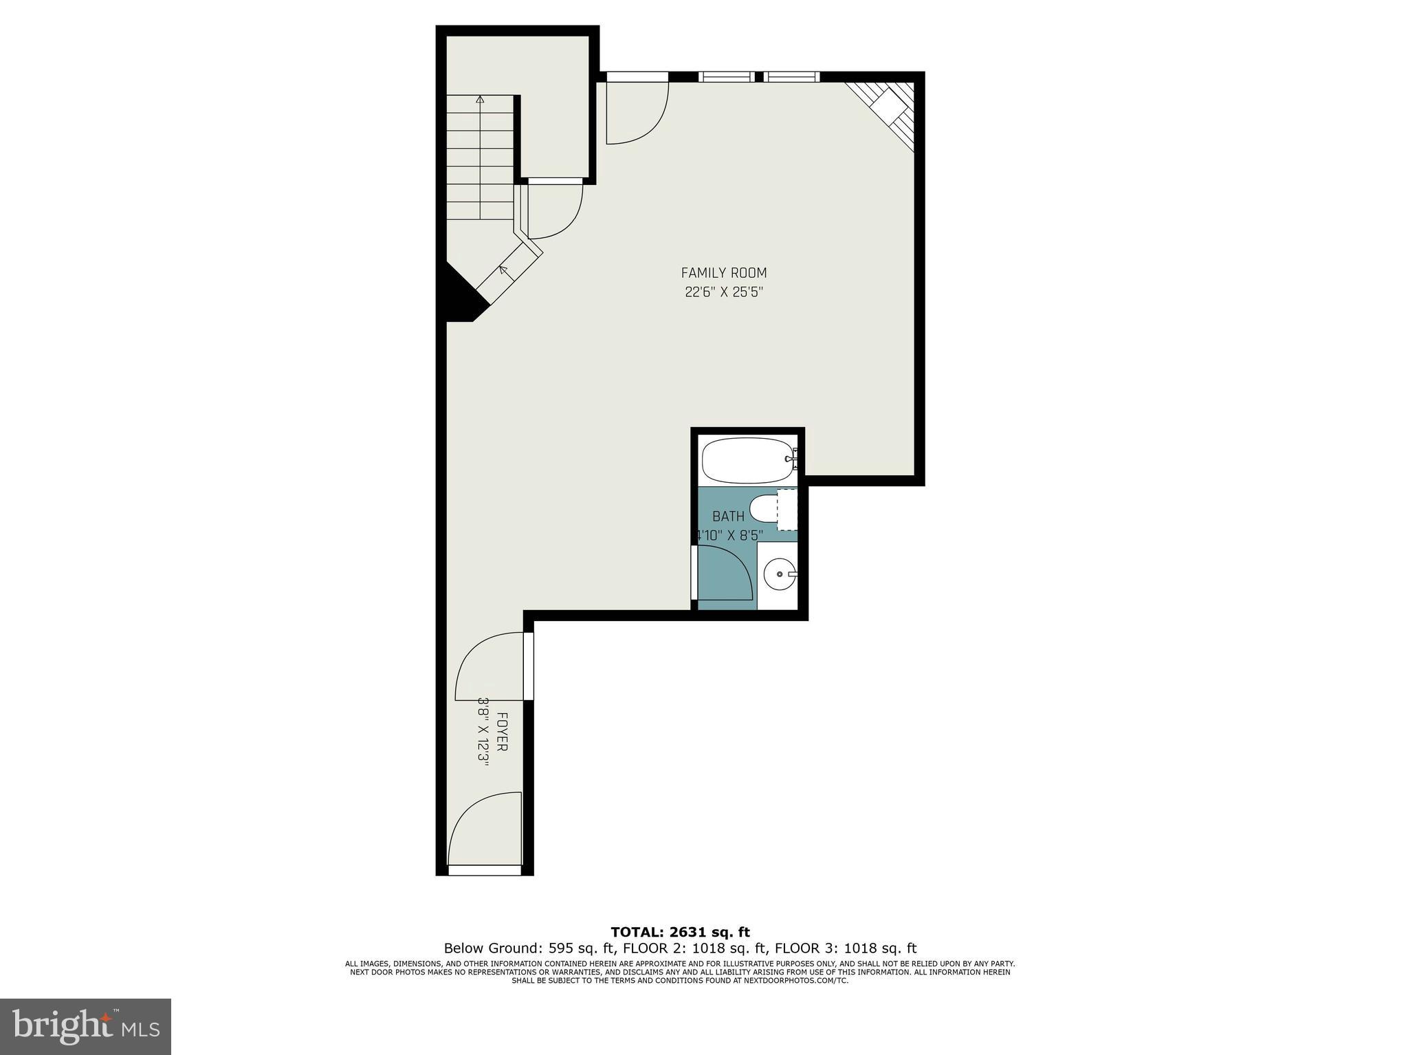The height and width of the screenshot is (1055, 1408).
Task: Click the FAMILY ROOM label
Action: click(723, 273)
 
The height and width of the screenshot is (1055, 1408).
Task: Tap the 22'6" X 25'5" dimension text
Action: click(724, 292)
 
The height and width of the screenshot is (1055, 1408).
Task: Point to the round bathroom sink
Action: click(780, 572)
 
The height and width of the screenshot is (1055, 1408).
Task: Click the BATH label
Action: click(727, 516)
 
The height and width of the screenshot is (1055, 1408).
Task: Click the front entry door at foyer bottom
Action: click(485, 832)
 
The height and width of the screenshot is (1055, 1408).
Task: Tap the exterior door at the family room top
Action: click(636, 110)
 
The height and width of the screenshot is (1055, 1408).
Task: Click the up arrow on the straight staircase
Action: click(480, 100)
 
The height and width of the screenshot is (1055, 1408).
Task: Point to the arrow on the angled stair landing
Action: click(504, 271)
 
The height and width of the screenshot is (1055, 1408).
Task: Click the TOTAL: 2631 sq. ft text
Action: click(680, 933)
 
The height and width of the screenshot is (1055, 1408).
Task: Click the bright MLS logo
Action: click(85, 1027)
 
